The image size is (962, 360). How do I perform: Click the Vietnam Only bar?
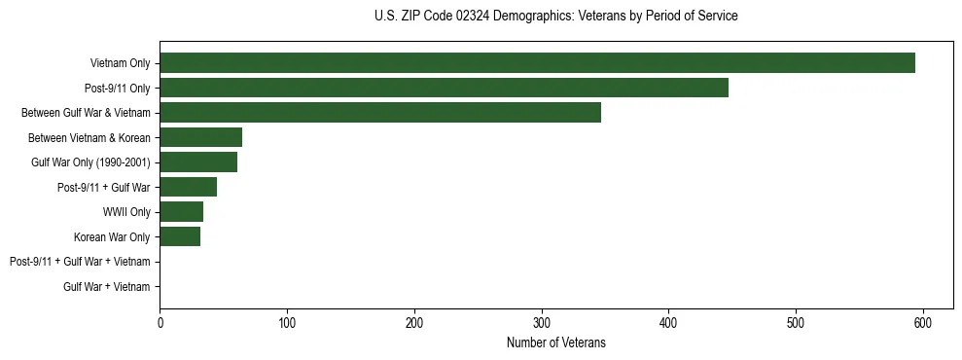coord(537,63)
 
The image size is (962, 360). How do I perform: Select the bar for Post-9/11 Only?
coord(444,88)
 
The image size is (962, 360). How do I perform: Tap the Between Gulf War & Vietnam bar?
coord(380,112)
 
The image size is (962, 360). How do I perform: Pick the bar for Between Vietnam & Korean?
coord(200,137)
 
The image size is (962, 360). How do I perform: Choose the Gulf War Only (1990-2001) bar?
coord(198,162)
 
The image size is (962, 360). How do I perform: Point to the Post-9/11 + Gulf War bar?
coord(188,187)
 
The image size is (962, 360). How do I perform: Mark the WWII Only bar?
coord(181,211)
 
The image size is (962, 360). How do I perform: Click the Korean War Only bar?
coord(180,236)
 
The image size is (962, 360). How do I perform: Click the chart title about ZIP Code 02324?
coord(555,17)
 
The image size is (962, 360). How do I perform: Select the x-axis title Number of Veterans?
coord(555,342)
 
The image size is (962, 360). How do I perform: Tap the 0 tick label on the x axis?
coord(160,323)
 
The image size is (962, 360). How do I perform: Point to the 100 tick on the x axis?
coord(287,323)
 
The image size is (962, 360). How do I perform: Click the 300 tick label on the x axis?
coord(542,323)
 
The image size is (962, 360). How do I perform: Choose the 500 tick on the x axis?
coord(796,323)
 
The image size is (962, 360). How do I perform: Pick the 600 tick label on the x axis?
coord(923,323)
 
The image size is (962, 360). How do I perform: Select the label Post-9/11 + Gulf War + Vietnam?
coord(80,262)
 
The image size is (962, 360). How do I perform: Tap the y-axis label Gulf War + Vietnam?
coord(107,286)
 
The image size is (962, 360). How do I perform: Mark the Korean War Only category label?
coord(112,236)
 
